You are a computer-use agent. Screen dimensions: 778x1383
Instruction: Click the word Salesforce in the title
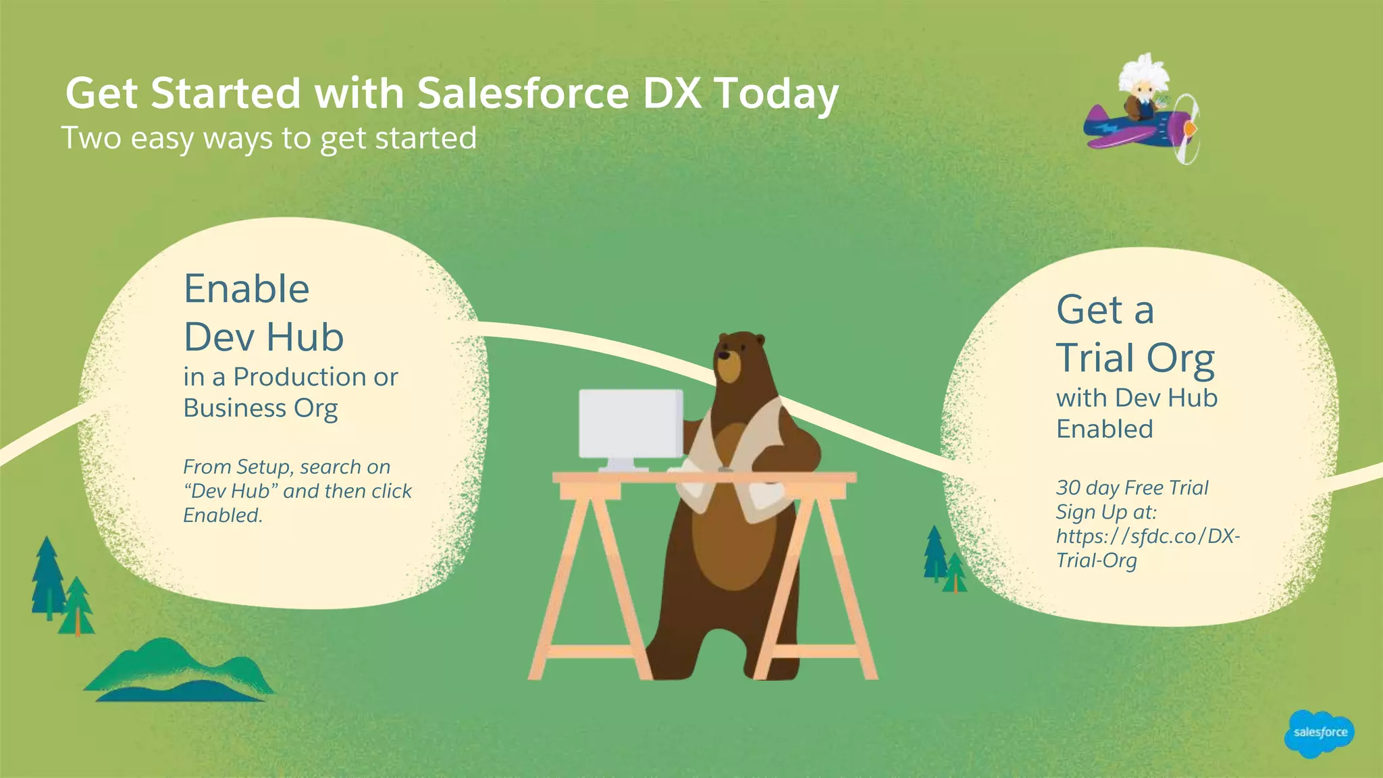(x=523, y=93)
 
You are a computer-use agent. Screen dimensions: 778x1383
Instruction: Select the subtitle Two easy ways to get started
(x=269, y=138)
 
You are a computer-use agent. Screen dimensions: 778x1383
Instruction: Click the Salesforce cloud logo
(x=1320, y=733)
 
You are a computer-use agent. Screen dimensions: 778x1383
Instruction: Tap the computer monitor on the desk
(x=631, y=423)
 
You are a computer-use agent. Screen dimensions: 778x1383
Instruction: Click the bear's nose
(x=723, y=355)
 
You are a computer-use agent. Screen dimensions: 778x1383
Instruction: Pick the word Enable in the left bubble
(x=246, y=289)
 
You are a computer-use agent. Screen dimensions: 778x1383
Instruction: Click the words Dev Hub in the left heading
(x=263, y=337)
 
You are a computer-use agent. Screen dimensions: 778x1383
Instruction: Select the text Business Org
(x=261, y=409)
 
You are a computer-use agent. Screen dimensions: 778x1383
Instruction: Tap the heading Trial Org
(x=1135, y=358)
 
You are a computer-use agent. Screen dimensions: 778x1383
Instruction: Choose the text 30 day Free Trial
(x=1132, y=488)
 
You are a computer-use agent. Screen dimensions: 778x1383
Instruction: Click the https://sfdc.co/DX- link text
(x=1148, y=536)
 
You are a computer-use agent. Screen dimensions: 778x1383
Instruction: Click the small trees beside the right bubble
(x=944, y=560)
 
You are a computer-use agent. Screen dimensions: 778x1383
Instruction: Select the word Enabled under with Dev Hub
(x=1104, y=430)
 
